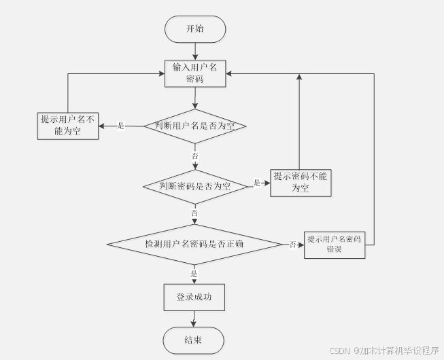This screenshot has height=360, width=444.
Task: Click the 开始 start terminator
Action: pyautogui.click(x=194, y=29)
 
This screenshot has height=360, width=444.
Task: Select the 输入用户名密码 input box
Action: pyautogui.click(x=195, y=73)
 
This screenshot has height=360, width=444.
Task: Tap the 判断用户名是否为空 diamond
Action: pyautogui.click(x=195, y=126)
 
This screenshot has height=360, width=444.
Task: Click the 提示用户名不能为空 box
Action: pyautogui.click(x=67, y=125)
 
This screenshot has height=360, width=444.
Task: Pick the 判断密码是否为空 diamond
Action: pyautogui.click(x=195, y=185)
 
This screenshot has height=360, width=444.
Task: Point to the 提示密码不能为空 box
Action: pyautogui.click(x=301, y=182)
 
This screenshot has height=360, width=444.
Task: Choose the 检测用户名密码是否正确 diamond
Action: pyautogui.click(x=194, y=244)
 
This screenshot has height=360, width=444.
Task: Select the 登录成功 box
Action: pyautogui.click(x=194, y=297)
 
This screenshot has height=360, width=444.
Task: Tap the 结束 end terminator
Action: pyautogui.click(x=193, y=340)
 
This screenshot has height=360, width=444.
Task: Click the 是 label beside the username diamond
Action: pyautogui.click(x=121, y=126)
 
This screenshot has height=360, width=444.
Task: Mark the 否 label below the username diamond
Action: pyautogui.click(x=195, y=156)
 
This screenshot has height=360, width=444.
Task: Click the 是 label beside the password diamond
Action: pyautogui.click(x=257, y=183)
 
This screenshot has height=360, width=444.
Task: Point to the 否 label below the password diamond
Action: pyautogui.click(x=194, y=213)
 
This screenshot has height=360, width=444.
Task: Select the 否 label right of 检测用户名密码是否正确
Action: pyautogui.click(x=292, y=244)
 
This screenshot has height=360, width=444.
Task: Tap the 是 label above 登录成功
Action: pyautogui.click(x=194, y=274)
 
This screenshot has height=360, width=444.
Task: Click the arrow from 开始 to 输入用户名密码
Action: pyautogui.click(x=195, y=51)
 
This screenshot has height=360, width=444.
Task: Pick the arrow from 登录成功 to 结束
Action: pyautogui.click(x=194, y=319)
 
